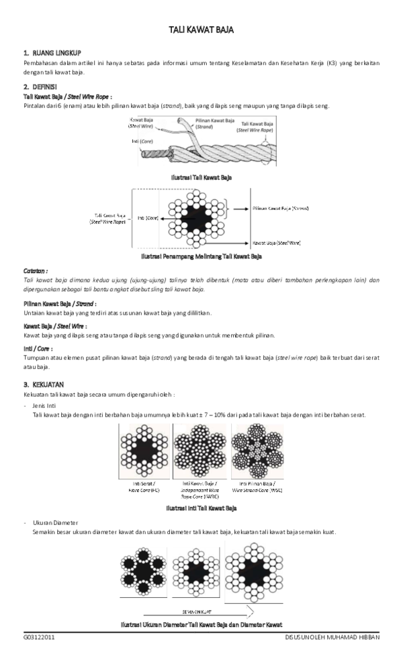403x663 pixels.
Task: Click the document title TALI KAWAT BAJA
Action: click(x=201, y=31)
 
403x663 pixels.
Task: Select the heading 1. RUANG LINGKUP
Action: click(x=52, y=52)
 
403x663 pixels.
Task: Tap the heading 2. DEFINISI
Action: click(x=40, y=87)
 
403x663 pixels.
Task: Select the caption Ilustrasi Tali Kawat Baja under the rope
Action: click(x=201, y=177)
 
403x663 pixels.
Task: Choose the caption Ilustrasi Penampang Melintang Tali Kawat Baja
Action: click(x=201, y=256)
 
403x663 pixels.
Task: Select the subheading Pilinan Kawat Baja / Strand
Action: click(x=58, y=303)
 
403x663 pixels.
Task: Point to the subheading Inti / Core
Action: click(x=38, y=348)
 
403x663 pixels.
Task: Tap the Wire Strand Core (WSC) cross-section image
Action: click(x=257, y=452)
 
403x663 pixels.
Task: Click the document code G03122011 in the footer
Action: click(x=39, y=637)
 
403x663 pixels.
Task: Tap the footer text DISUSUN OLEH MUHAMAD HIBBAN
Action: click(x=332, y=637)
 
